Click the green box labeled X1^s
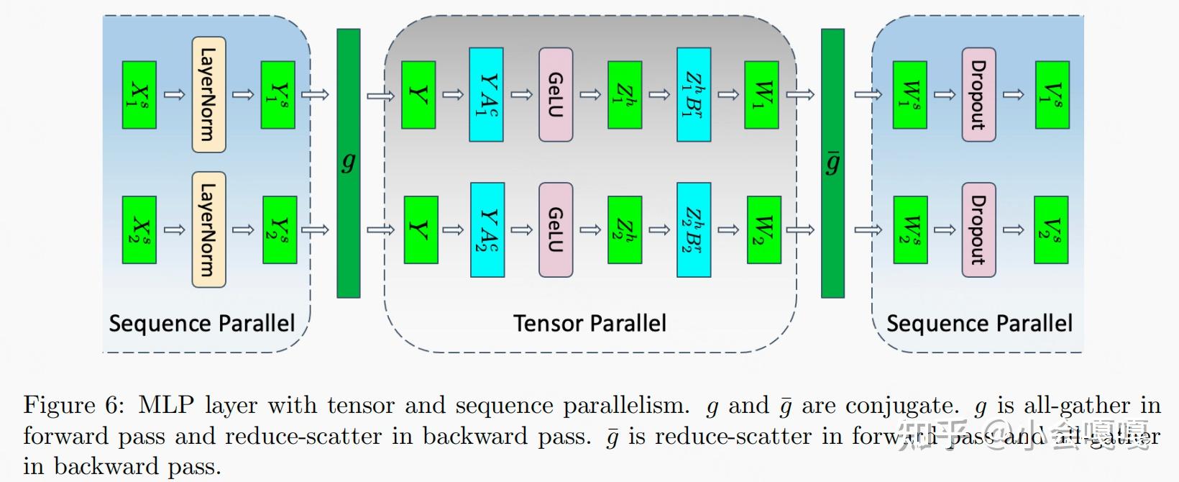[x=139, y=95]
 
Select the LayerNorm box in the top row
[x=208, y=95]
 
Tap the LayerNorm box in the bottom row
[x=208, y=229]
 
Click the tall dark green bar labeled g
[x=349, y=163]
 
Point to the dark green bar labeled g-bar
[x=832, y=163]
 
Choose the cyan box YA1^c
[x=486, y=95]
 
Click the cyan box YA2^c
[x=487, y=229]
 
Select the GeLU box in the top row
[x=556, y=95]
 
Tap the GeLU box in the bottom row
[x=556, y=229]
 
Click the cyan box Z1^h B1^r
[x=694, y=95]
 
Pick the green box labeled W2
[x=763, y=229]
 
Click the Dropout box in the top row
[x=978, y=95]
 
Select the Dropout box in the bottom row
[x=978, y=229]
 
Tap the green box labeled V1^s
[x=1052, y=95]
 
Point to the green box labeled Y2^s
[x=280, y=229]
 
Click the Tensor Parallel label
[x=589, y=323]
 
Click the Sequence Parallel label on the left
[x=202, y=323]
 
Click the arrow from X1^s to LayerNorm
[x=174, y=95]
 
